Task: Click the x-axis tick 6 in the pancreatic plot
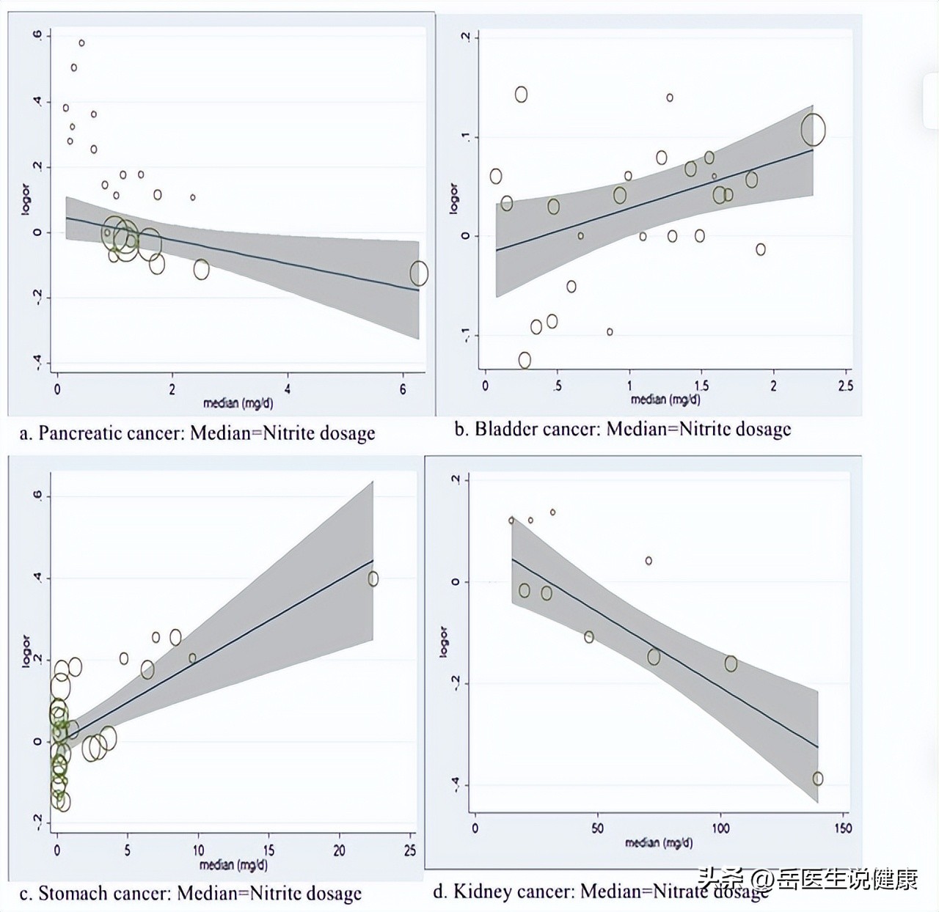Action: [403, 389]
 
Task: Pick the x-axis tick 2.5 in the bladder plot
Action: [845, 386]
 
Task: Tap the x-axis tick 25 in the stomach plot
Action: [409, 850]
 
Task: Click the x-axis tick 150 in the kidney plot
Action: [843, 828]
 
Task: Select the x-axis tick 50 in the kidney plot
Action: [597, 828]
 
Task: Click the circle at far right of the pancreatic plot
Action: [418, 273]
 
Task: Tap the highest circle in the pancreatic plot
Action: [81, 43]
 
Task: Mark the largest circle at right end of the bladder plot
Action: [813, 130]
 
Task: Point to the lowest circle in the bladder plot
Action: [525, 360]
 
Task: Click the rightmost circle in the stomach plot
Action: [373, 579]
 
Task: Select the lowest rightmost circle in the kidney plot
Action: [818, 779]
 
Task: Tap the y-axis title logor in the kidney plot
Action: [443, 641]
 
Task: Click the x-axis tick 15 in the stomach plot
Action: [268, 850]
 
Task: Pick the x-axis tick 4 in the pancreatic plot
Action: [288, 389]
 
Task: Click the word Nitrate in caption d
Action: [680, 891]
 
